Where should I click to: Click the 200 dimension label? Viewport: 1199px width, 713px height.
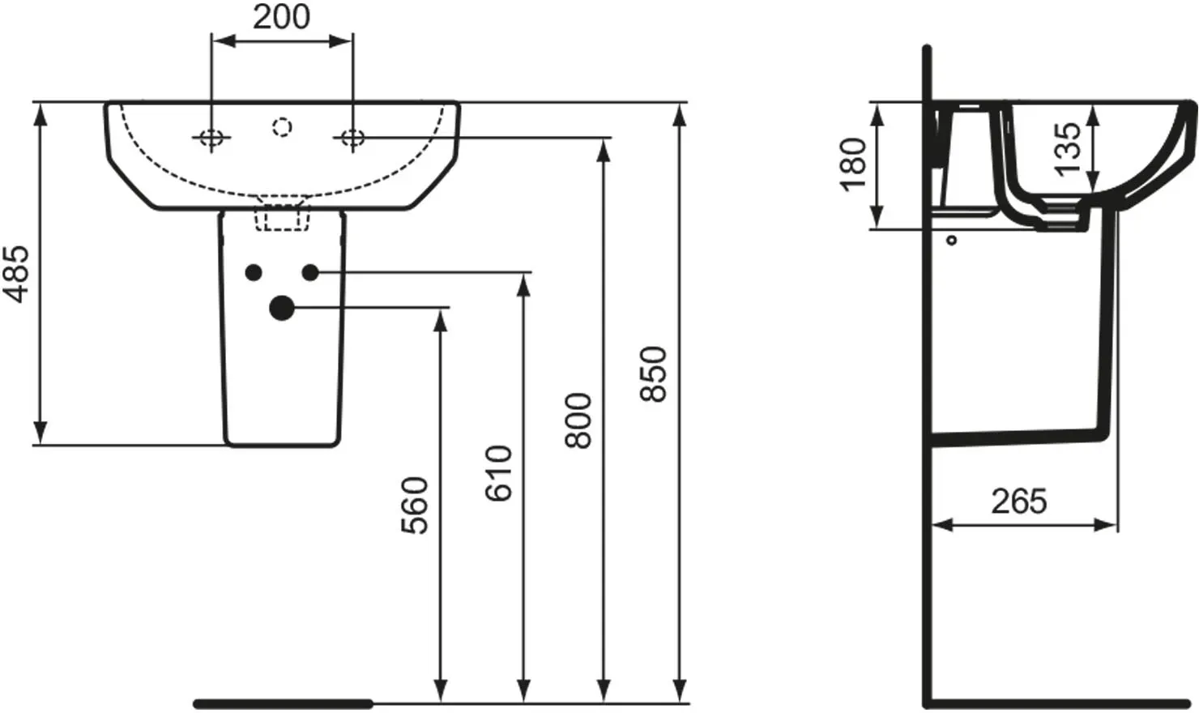[x=281, y=17]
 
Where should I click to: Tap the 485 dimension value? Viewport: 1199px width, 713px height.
[x=16, y=274]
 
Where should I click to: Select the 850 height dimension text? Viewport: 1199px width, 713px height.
[x=654, y=374]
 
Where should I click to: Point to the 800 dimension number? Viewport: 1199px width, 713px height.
[x=578, y=421]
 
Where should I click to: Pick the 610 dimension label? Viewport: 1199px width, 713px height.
[x=499, y=473]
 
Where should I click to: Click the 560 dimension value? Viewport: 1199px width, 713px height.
[x=415, y=506]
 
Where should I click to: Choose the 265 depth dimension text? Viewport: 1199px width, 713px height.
[x=1018, y=502]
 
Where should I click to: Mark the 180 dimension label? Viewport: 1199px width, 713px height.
[x=853, y=164]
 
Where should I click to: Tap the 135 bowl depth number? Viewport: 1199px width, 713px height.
[x=1068, y=150]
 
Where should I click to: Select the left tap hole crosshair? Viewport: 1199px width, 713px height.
[x=211, y=138]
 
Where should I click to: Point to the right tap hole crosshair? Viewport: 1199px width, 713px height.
[x=352, y=138]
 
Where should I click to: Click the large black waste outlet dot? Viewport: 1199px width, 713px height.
[x=282, y=308]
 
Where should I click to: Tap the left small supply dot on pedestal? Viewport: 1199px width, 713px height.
[x=254, y=272]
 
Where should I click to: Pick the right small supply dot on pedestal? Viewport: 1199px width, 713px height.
[x=310, y=272]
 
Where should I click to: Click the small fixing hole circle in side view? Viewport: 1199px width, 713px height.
[x=952, y=241]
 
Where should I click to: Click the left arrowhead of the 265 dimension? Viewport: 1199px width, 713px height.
[x=943, y=525]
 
